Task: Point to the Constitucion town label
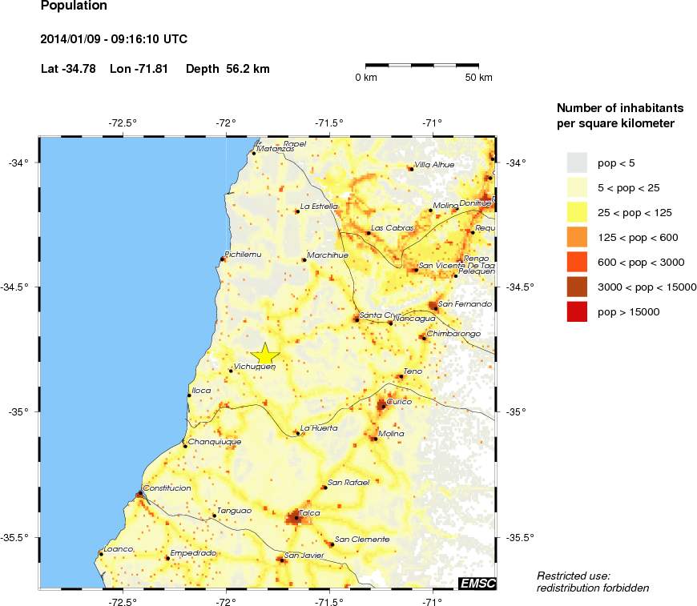167,488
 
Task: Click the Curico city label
399,401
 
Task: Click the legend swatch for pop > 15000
576,311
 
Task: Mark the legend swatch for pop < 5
576,163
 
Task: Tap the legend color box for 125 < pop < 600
576,237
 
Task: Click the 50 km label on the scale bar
479,78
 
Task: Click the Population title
73,7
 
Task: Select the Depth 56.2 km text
228,69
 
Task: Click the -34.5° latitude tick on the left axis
18,287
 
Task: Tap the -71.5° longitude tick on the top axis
329,122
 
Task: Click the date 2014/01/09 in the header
69,38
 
